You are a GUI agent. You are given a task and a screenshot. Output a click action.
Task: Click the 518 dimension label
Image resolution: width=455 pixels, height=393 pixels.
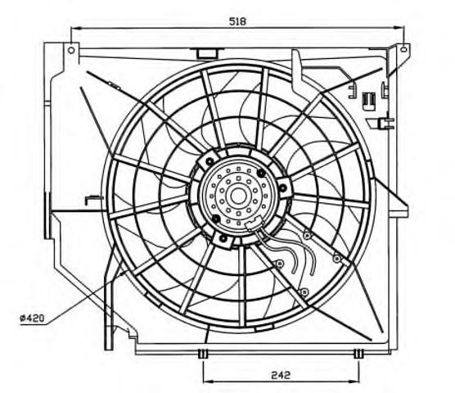[x=237, y=21]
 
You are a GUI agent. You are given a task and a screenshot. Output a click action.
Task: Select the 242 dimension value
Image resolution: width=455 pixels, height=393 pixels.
[x=281, y=375]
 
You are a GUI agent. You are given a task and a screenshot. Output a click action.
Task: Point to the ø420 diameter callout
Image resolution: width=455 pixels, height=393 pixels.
[x=32, y=318]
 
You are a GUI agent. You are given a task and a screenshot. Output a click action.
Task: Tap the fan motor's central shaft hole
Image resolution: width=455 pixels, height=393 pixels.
[x=237, y=196]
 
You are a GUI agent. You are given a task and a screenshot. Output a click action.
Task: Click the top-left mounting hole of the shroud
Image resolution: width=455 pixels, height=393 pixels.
[x=71, y=50]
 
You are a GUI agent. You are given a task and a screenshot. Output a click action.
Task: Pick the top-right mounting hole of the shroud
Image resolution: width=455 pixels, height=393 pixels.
[x=403, y=49]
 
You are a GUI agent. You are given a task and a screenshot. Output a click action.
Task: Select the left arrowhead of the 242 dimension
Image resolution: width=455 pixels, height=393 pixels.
[x=208, y=381]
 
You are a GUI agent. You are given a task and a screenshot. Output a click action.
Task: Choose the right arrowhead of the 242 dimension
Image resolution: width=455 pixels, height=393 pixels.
[x=354, y=381]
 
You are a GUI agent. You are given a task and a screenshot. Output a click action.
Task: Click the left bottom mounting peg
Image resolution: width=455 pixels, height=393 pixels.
[x=203, y=354]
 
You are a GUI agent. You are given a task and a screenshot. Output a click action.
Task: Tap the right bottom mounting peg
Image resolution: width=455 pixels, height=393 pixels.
[x=359, y=354]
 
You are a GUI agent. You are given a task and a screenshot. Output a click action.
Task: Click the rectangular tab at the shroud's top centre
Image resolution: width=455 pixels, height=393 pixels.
[x=206, y=53]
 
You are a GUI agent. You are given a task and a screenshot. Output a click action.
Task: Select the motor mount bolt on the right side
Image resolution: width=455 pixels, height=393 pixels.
[x=283, y=188]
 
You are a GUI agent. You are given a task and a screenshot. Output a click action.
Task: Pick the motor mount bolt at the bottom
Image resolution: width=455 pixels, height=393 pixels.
[x=223, y=239]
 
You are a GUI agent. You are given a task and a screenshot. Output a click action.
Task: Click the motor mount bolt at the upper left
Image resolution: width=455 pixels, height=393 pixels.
[x=209, y=160]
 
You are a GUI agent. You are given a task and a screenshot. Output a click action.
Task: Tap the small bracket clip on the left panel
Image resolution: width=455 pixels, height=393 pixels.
[x=94, y=200]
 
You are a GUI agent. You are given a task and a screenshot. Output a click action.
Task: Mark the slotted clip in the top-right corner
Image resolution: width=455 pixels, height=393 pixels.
[x=369, y=101]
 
